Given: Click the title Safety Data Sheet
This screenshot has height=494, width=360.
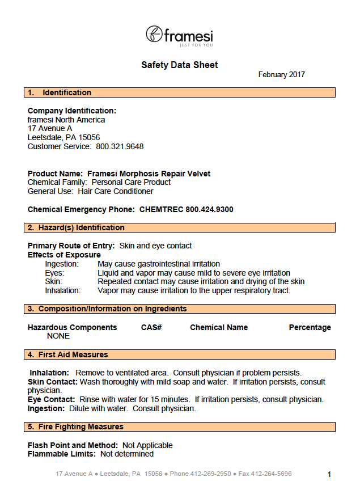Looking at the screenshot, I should (179, 65).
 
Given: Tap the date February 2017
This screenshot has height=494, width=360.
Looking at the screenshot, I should (281, 75).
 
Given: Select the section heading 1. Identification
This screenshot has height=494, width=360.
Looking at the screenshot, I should (60, 92).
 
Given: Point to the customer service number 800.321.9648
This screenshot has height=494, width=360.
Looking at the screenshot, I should (120, 146).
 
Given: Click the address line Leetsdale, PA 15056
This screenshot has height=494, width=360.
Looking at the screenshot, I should (63, 137).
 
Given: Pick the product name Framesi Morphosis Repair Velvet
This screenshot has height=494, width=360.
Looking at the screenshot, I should (149, 174).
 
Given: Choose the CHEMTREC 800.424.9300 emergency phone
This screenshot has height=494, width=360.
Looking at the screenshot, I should (187, 209).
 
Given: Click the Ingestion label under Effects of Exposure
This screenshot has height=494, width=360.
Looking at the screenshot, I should (62, 264).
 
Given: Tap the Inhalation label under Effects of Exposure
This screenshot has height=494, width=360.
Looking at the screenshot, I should (62, 290).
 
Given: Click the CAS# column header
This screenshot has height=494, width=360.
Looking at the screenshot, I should (151, 327).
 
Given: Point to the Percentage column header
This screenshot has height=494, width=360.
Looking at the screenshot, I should (310, 327).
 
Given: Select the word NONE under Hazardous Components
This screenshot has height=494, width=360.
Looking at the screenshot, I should (58, 336).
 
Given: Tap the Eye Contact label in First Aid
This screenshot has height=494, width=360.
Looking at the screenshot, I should (51, 399).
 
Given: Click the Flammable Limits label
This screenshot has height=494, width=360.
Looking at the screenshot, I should (62, 454).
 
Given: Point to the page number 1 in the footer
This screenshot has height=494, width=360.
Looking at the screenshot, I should (329, 474).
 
